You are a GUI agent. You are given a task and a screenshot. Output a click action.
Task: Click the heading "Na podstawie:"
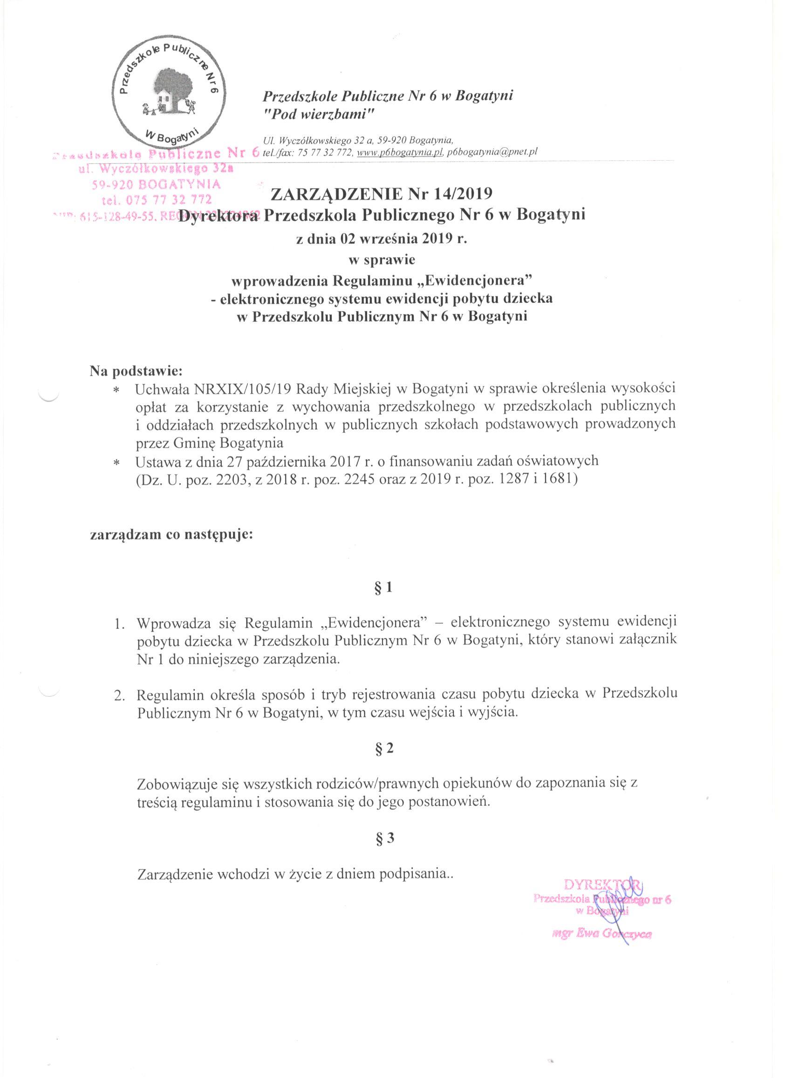[137, 371]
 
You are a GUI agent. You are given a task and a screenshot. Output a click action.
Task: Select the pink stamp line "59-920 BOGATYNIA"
[156, 184]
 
